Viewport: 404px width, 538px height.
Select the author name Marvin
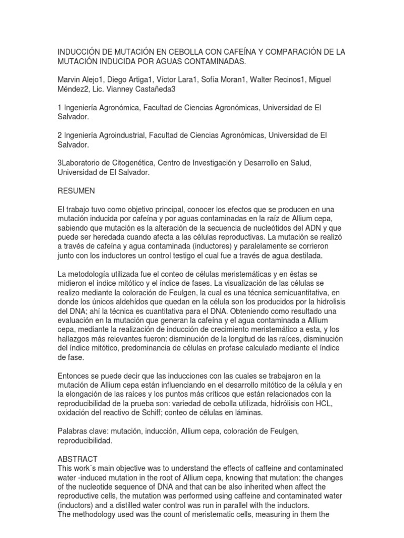pyautogui.click(x=71, y=79)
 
